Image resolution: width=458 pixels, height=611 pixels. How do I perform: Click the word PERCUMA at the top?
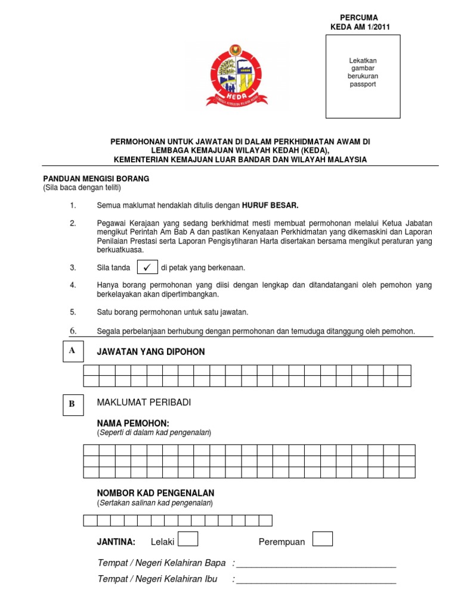coord(358,18)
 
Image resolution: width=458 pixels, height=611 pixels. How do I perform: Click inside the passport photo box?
coord(363,76)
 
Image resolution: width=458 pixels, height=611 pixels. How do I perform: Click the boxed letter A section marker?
coord(72,351)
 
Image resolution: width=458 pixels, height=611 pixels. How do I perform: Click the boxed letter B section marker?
coord(72,404)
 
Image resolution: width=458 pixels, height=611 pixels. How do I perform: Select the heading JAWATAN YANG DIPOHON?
coord(151,352)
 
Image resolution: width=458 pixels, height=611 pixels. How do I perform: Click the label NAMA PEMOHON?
coord(134,423)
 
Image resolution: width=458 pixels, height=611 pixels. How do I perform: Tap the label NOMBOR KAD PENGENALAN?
coord(156,493)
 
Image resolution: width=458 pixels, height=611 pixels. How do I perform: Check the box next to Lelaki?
coord(188,539)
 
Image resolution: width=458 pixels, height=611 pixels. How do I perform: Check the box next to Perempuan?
coord(323,539)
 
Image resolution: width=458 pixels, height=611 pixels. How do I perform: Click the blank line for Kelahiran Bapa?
coord(316,564)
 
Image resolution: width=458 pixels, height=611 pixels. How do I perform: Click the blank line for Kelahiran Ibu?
coord(316,580)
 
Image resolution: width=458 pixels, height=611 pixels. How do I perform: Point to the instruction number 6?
coord(73,331)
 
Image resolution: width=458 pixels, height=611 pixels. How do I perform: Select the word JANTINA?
coord(116,542)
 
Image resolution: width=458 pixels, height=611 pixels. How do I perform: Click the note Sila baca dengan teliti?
coord(82,188)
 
